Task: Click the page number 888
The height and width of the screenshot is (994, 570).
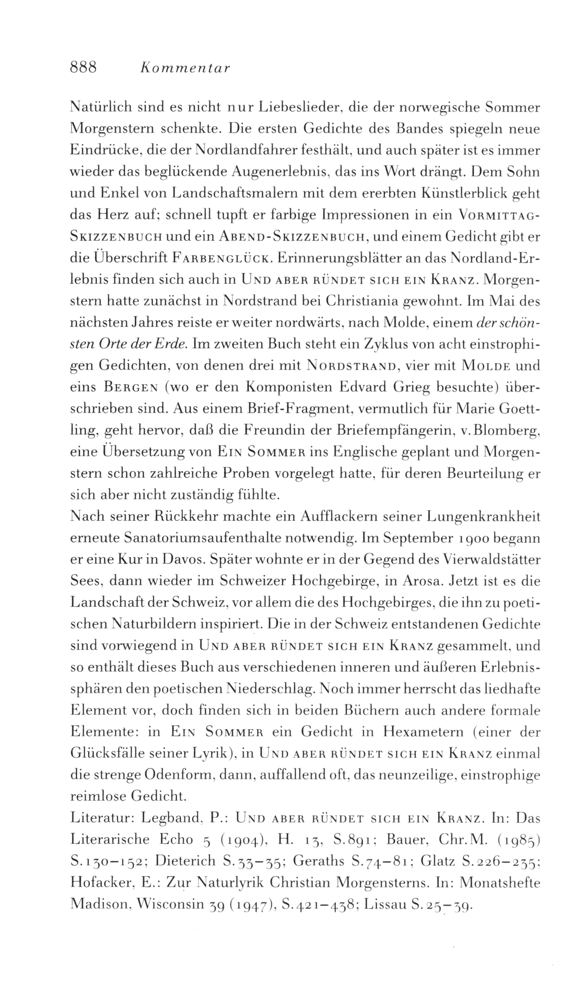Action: tap(83, 68)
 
